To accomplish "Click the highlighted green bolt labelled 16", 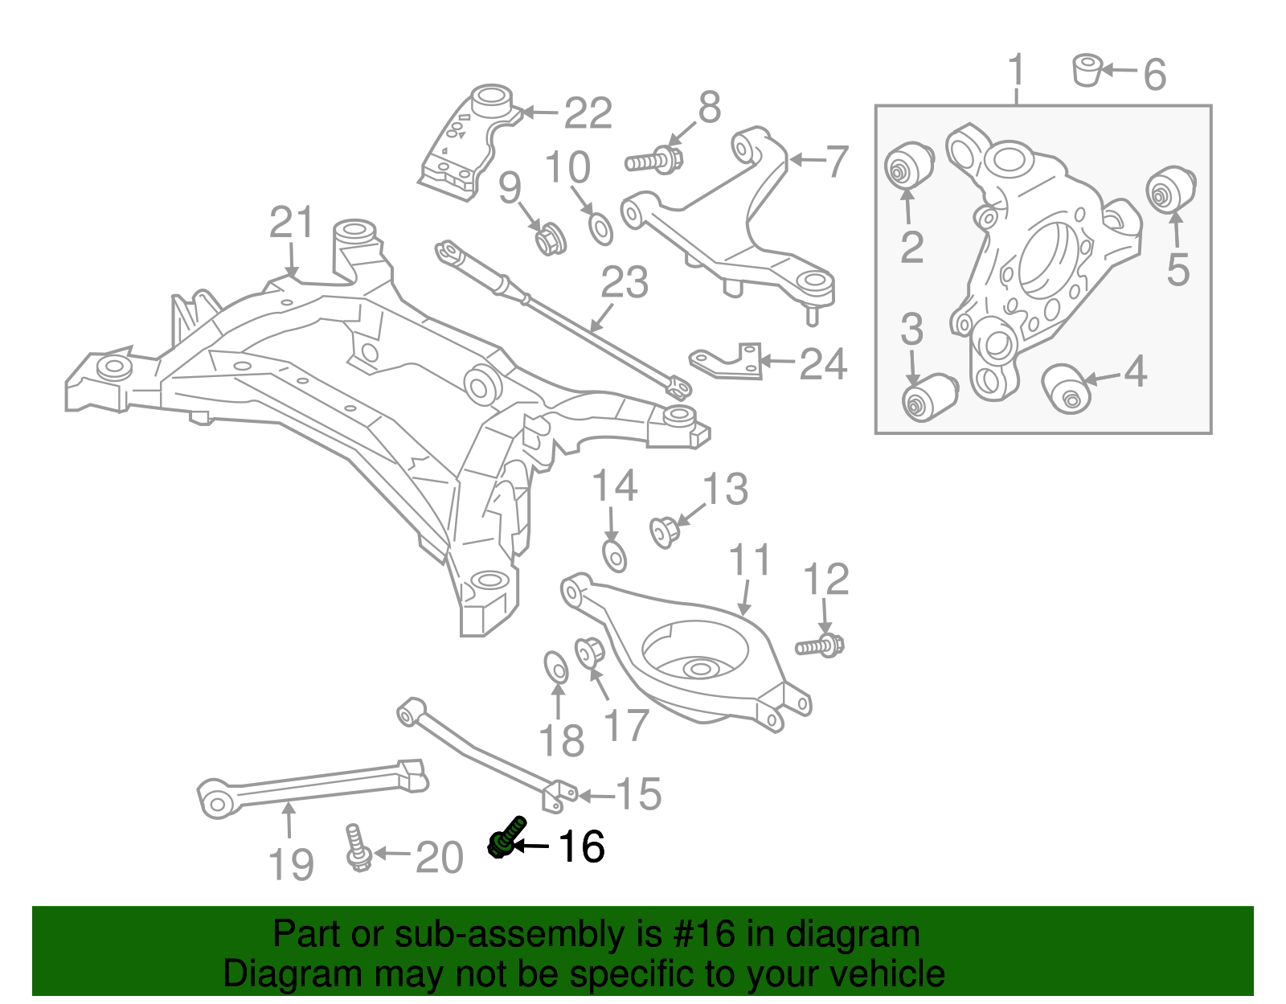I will pyautogui.click(x=506, y=838).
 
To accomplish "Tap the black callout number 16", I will pyautogui.click(x=581, y=846).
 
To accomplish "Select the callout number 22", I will pyautogui.click(x=588, y=113).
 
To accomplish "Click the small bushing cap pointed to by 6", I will pyautogui.click(x=1087, y=69).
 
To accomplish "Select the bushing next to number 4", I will pyautogui.click(x=1067, y=387).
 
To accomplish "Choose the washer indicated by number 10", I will pyautogui.click(x=600, y=228).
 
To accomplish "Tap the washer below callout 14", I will pyautogui.click(x=614, y=555).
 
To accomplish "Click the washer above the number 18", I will pyautogui.click(x=556, y=668).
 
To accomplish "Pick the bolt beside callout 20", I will pyautogui.click(x=355, y=847).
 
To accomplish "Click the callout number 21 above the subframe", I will pyautogui.click(x=290, y=223).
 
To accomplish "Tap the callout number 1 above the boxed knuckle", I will pyautogui.click(x=1017, y=71).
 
